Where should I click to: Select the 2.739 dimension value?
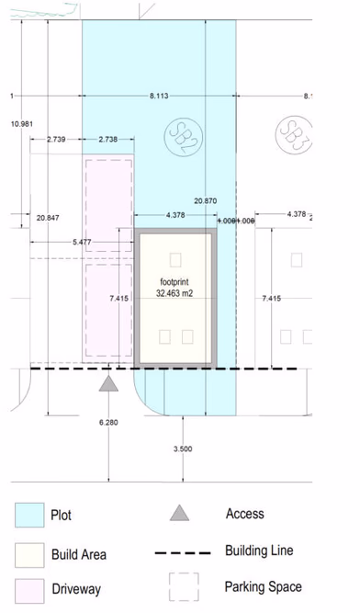[x=57, y=139]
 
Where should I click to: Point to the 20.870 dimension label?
[x=206, y=200]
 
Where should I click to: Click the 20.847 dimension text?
[x=49, y=218]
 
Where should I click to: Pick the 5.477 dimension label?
[x=82, y=243]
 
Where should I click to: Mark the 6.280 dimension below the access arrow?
[x=108, y=423]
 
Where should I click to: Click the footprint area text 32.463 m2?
[x=174, y=293]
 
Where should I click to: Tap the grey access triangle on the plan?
[x=108, y=384]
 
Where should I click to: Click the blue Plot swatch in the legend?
[x=29, y=516]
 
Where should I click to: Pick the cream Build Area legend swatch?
[x=29, y=554]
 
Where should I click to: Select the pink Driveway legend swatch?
[x=29, y=589]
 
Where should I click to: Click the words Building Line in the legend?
[x=259, y=551]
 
